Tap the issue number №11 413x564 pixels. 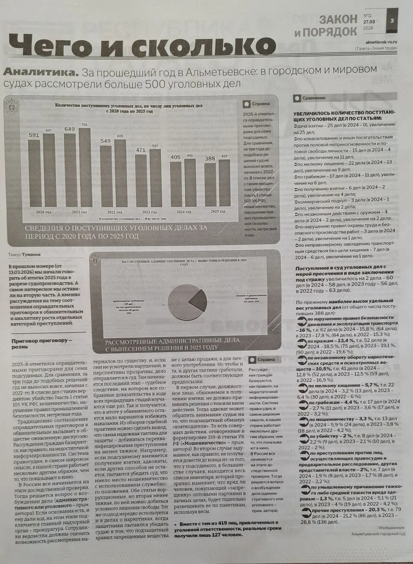368,16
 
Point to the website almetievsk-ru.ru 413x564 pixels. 379,42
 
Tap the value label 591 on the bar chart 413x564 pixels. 34,135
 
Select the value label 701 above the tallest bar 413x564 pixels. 84,125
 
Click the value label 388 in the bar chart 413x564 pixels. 209,158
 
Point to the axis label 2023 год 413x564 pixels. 149,212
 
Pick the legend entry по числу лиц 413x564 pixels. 157,219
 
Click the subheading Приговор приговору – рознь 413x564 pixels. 42,343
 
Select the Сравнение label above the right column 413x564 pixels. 314,98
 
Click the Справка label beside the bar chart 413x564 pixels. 260,103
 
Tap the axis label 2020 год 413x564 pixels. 43,212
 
